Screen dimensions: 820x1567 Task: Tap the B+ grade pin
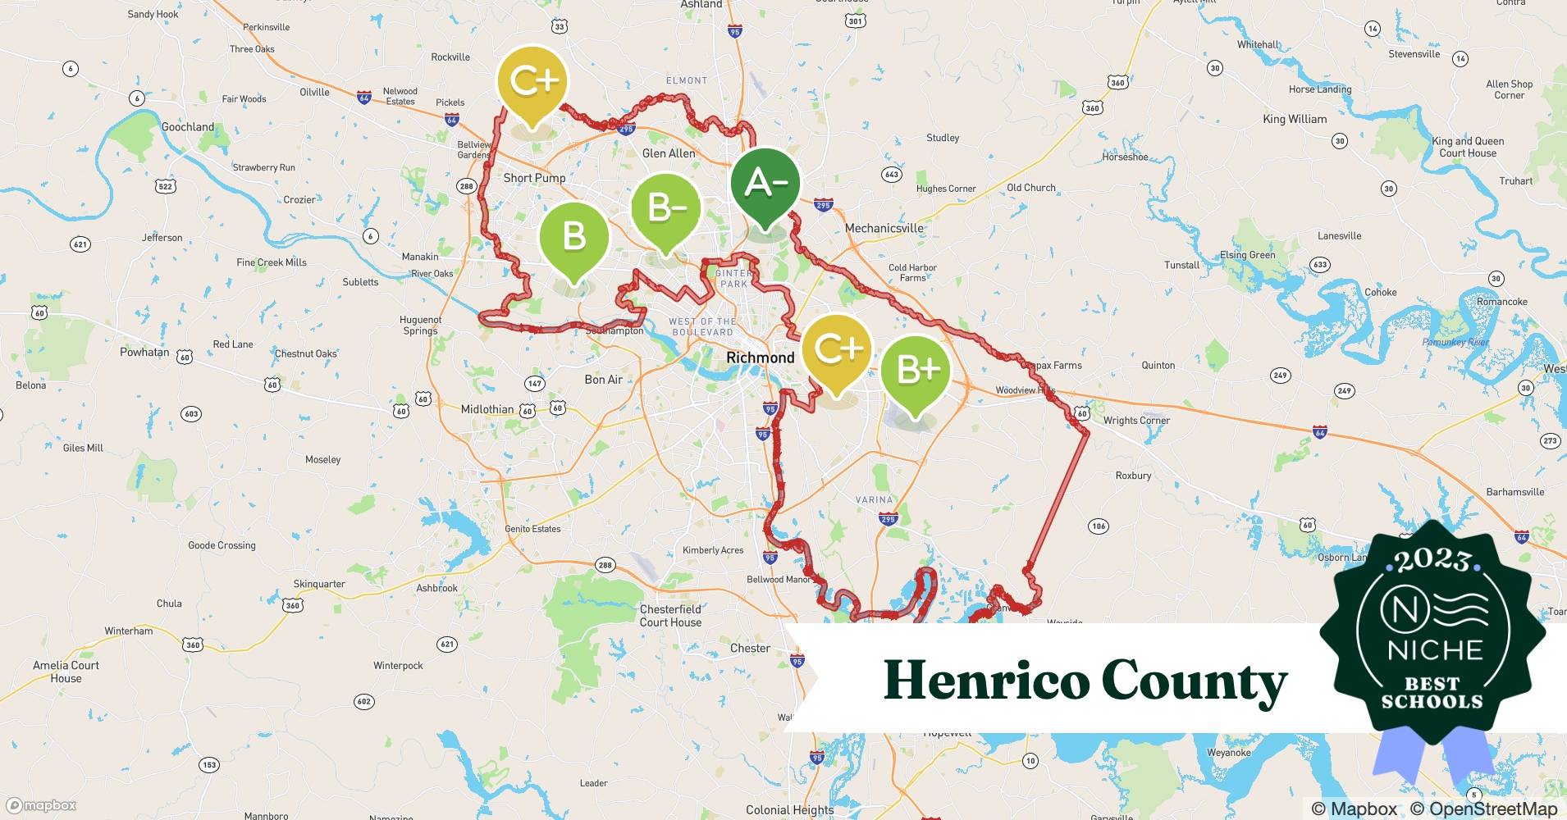point(916,371)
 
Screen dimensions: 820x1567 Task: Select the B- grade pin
point(665,209)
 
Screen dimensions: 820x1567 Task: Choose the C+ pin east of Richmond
point(837,349)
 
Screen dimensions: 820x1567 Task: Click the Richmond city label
point(760,358)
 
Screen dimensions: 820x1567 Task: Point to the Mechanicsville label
point(884,228)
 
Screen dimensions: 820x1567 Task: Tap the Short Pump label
point(534,178)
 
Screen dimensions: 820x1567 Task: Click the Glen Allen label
point(668,153)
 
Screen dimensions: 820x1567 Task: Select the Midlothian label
point(487,409)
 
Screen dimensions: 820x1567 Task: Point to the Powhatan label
point(144,353)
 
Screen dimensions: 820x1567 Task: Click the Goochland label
point(188,127)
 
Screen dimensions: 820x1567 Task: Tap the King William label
point(1295,119)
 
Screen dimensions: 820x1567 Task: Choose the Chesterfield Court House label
point(670,616)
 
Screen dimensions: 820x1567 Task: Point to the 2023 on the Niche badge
point(1432,560)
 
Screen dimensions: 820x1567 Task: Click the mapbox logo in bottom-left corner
point(41,805)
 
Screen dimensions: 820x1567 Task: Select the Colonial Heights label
point(789,810)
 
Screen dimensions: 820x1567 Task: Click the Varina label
point(874,499)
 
